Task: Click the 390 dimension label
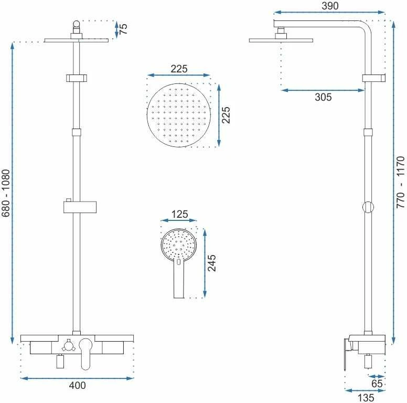[330, 6]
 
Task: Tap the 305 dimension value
[323, 97]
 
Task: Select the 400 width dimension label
[77, 385]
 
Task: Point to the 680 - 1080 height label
[6, 193]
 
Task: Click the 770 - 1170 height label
[401, 182]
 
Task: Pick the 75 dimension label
[123, 28]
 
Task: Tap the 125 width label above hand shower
[179, 214]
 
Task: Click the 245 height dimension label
[211, 263]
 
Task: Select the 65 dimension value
[377, 384]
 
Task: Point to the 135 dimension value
[366, 398]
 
